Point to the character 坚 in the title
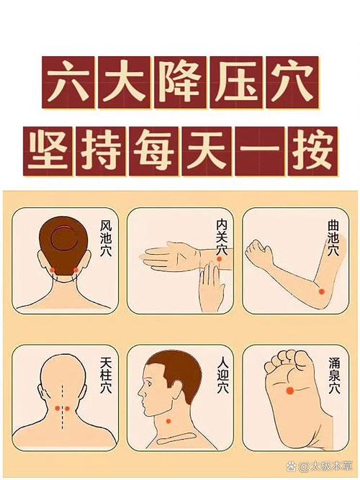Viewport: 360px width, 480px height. (x=50, y=151)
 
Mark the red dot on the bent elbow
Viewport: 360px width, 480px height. (x=320, y=291)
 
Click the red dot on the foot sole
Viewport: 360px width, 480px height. (x=289, y=390)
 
